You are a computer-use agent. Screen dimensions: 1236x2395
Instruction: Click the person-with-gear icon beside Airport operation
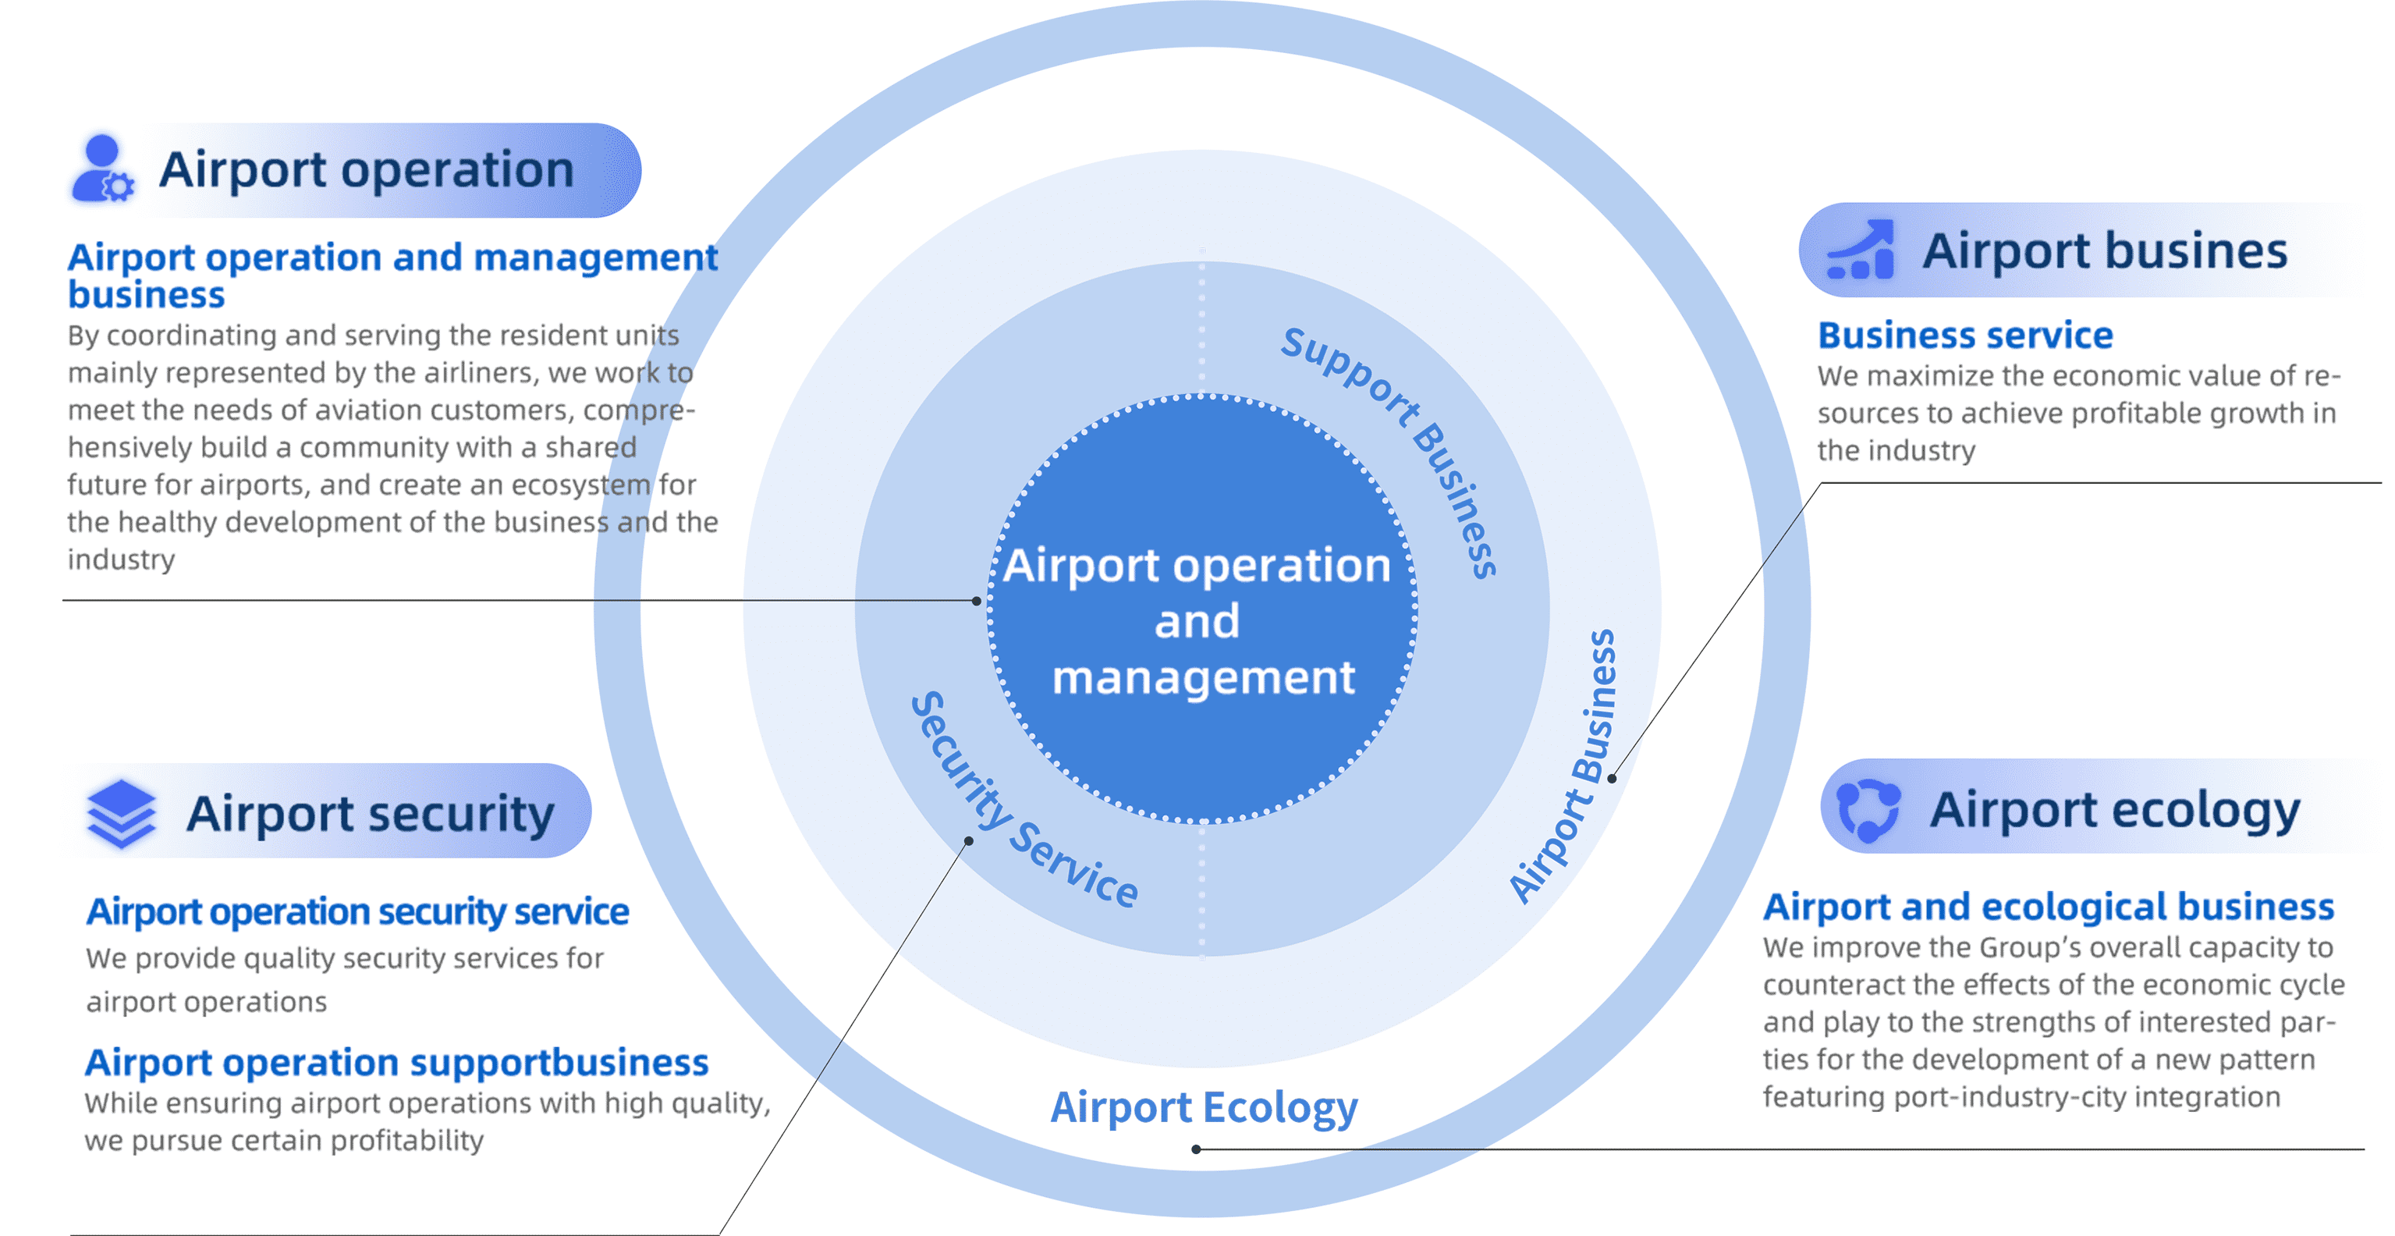[102, 169]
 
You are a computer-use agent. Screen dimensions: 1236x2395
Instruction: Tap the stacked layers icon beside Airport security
[121, 813]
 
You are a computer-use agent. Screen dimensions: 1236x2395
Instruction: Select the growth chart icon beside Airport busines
[1861, 250]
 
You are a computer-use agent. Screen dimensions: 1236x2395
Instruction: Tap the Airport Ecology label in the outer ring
[1203, 1108]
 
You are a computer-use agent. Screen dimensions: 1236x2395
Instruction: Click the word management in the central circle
[1203, 678]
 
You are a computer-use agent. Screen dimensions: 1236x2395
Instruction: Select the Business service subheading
[1964, 335]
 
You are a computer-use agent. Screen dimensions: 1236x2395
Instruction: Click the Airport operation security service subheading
[357, 911]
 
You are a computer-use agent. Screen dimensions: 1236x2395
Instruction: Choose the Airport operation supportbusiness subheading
[396, 1062]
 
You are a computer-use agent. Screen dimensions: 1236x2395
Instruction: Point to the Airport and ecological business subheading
[2048, 907]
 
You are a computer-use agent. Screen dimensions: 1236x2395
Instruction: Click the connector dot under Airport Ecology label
[1196, 1149]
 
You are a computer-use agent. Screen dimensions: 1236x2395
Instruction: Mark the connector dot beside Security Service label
[969, 840]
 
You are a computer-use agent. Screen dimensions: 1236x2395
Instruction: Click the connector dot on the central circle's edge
[976, 601]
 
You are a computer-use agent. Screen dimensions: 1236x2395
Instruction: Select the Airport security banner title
[370, 813]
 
